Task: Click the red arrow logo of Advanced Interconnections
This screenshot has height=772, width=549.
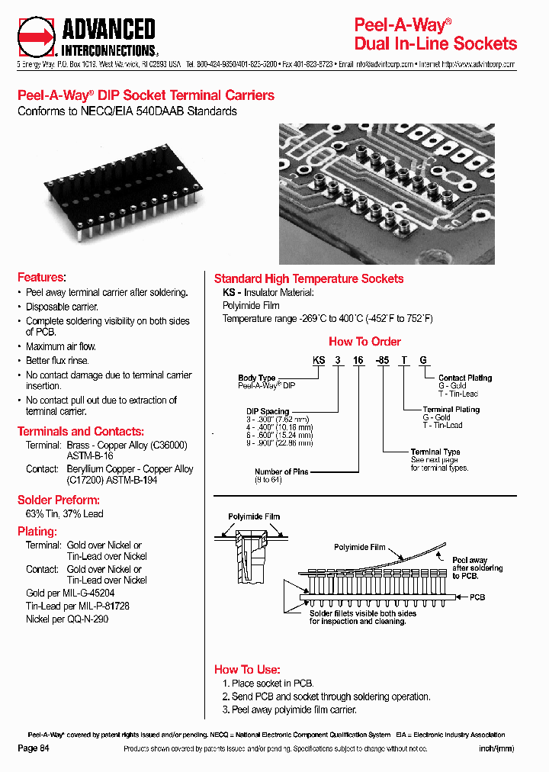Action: (37, 37)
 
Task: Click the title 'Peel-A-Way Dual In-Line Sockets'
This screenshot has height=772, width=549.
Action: (435, 34)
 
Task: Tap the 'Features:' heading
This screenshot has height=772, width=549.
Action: (41, 277)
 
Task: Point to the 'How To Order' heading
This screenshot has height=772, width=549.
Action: (364, 342)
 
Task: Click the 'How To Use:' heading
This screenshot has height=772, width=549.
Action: (247, 669)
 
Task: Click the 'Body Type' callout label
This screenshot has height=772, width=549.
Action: (257, 378)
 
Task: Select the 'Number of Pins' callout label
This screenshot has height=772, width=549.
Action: (281, 471)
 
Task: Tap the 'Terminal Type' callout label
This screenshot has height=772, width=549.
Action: (435, 452)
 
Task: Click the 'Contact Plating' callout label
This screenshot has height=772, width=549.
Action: (465, 378)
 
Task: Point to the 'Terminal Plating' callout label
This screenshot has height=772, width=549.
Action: (451, 409)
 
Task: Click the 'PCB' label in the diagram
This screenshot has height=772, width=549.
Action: (477, 597)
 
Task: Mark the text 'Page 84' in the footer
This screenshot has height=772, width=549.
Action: (34, 748)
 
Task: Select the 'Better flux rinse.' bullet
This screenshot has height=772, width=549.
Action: (57, 361)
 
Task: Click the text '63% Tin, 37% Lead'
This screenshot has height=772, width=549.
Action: (65, 514)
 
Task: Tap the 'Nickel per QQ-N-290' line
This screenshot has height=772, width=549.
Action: (67, 619)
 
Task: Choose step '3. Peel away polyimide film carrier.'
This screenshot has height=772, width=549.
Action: (289, 710)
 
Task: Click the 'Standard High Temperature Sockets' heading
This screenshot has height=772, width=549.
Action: (309, 279)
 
